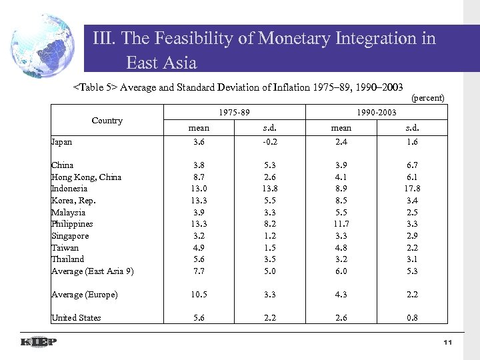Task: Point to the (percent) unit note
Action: pos(428,97)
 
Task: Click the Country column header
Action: pos(107,121)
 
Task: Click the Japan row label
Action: pos(62,141)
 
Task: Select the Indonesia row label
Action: pos(69,189)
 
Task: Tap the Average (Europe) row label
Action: pos(85,295)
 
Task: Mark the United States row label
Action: pos(76,317)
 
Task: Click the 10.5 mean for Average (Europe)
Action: pos(199,295)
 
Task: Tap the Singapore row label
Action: pos(70,235)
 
